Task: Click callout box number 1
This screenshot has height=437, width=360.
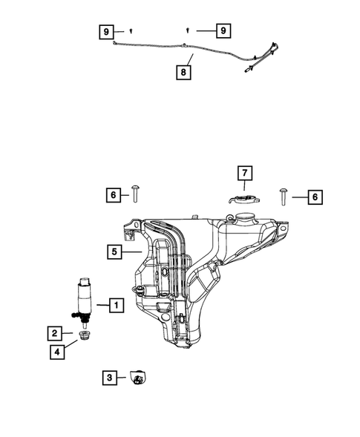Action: click(115, 304)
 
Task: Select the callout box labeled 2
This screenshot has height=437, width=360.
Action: click(56, 333)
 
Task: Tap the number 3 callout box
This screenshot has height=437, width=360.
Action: click(110, 378)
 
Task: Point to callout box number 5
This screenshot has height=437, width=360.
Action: click(114, 252)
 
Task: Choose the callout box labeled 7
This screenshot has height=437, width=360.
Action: click(245, 174)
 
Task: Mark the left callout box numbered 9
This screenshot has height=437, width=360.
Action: click(108, 31)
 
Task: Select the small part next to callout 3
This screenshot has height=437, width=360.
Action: click(136, 378)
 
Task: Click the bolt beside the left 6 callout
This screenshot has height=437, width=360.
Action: click(136, 195)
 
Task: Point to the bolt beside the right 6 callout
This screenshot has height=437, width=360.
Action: click(284, 196)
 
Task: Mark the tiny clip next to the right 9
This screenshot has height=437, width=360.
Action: click(187, 30)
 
